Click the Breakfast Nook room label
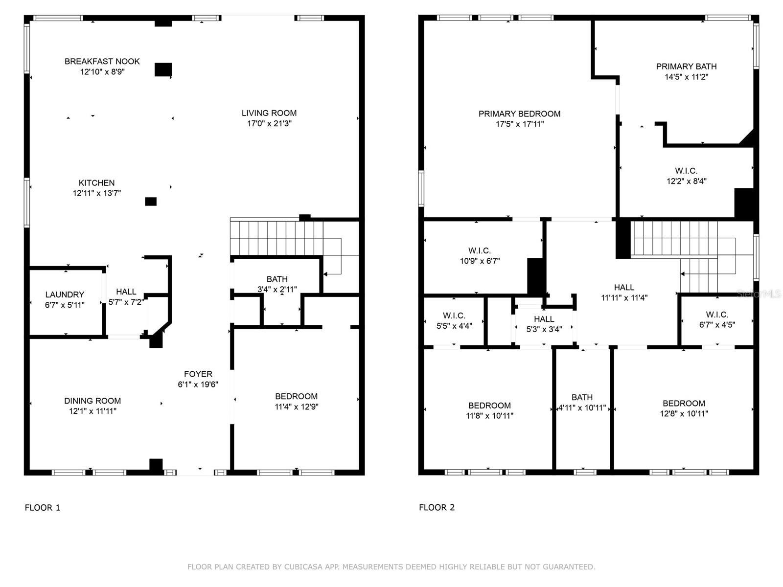pos(102,62)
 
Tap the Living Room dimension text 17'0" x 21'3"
pos(269,124)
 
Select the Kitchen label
pos(96,183)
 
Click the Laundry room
pos(65,299)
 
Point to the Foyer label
pos(198,374)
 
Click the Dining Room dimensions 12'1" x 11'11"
pos(92,411)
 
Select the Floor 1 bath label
pos(277,279)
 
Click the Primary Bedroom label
pos(519,114)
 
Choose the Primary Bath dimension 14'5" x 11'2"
pos(686,77)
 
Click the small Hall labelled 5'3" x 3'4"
pos(544,324)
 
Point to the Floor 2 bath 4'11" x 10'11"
pos(582,403)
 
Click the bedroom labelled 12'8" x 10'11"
pos(684,408)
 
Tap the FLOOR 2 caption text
pos(437,508)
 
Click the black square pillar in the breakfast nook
pos(163,69)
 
